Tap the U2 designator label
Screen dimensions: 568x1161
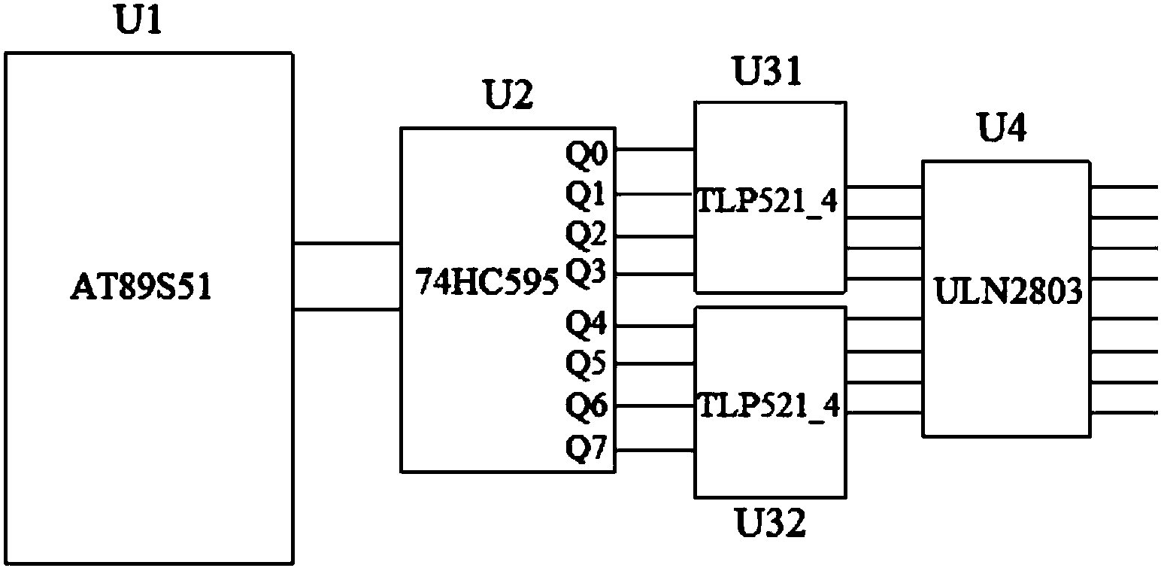click(x=506, y=97)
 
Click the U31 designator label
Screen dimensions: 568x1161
click(x=767, y=73)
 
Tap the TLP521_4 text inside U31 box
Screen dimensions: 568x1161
click(x=768, y=202)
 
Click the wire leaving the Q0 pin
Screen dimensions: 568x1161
click(x=655, y=150)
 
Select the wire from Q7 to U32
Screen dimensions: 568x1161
click(x=655, y=450)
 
